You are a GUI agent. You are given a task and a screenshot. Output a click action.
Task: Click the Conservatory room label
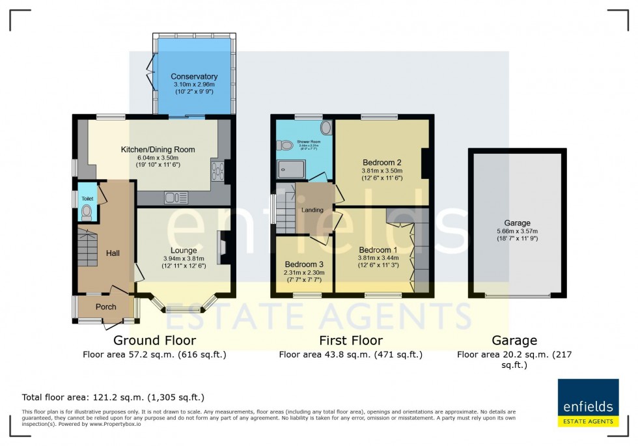194,77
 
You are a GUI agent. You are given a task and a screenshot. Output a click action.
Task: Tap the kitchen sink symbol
176,197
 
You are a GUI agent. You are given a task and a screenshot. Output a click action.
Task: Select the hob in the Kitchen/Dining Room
217,171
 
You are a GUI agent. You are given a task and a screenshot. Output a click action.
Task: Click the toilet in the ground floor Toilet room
87,212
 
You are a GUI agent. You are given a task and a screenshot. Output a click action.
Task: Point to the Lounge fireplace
223,248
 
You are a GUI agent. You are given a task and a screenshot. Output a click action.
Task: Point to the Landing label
312,210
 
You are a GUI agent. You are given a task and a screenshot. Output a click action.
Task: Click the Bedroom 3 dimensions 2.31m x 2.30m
300,273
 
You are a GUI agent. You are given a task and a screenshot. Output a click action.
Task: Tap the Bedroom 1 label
378,250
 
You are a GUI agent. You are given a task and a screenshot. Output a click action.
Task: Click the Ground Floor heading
154,340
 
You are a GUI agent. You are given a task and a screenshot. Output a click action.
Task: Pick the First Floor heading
350,340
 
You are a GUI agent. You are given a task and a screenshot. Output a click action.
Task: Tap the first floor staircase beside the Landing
284,212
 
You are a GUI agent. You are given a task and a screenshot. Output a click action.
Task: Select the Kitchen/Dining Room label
158,150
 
